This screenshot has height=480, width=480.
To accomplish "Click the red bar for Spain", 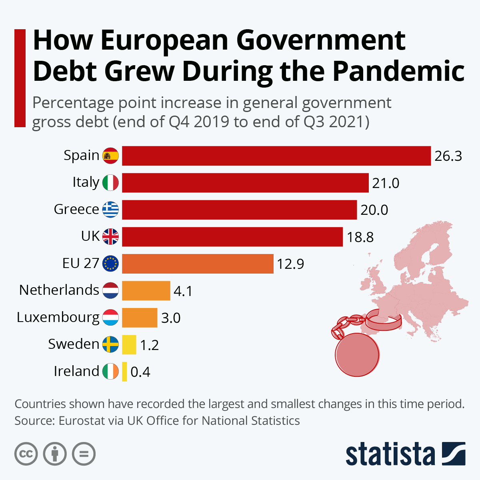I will (x=276, y=156).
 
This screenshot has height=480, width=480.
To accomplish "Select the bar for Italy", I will (x=245, y=183).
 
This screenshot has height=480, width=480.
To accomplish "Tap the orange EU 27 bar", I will (x=198, y=264).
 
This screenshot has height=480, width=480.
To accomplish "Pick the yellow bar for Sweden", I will (x=129, y=344).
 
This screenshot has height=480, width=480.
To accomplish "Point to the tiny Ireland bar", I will (x=124, y=371).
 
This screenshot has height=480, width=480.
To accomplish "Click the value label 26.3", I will (x=448, y=156).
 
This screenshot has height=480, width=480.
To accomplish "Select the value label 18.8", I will (x=360, y=237).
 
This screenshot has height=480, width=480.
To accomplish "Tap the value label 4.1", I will (x=183, y=291).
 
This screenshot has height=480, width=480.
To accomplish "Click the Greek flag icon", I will (x=110, y=209).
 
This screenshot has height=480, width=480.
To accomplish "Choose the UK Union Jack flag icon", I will (x=110, y=236).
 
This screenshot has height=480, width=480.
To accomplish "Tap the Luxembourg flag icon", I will (x=110, y=317).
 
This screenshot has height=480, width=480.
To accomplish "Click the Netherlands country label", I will (x=59, y=290).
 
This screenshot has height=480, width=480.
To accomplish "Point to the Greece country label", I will (x=76, y=209).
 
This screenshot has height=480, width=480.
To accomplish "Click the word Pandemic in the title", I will (x=398, y=71).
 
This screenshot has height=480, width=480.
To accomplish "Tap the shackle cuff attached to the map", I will (x=383, y=320).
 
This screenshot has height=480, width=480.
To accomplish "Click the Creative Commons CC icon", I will (x=26, y=454).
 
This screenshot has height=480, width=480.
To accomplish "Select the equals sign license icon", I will (x=84, y=454).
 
